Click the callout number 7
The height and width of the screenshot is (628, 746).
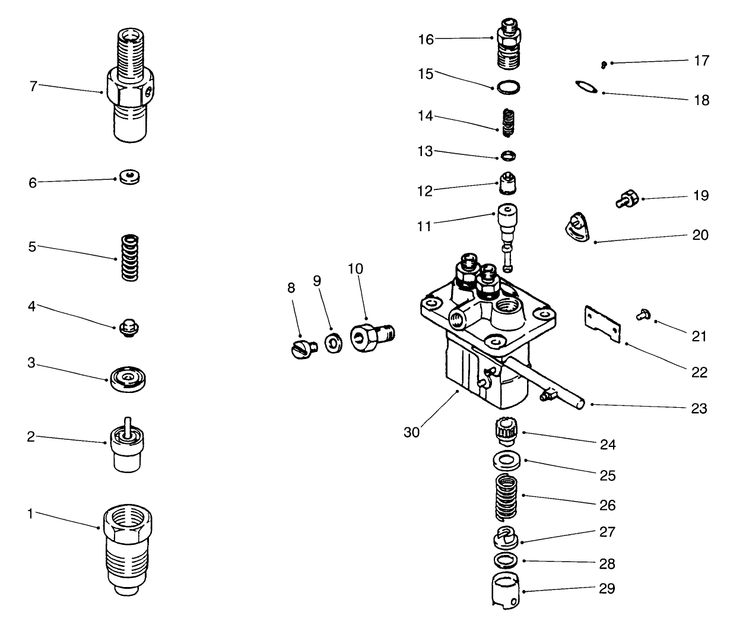point(33,86)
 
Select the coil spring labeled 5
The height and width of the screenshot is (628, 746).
point(129,257)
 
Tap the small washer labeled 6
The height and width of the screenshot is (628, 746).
point(129,177)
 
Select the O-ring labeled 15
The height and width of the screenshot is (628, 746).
point(508,87)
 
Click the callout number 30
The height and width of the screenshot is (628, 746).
point(411,433)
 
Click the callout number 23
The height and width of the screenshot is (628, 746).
point(699,408)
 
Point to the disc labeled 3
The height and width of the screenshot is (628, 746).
point(128,378)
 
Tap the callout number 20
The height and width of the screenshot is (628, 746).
point(700,235)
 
